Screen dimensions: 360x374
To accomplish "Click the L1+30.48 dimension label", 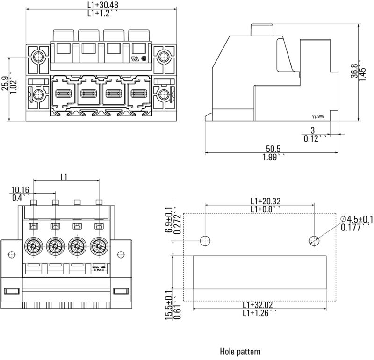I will click(x=103, y=5).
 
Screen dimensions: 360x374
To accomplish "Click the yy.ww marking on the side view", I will click(x=317, y=119).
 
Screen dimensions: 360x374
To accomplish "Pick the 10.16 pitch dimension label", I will click(x=20, y=189).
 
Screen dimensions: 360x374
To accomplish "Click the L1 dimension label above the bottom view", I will click(x=65, y=177).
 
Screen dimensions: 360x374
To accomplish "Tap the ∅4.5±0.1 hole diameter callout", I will click(x=357, y=219).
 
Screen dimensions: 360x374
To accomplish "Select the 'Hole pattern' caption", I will click(x=240, y=351).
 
